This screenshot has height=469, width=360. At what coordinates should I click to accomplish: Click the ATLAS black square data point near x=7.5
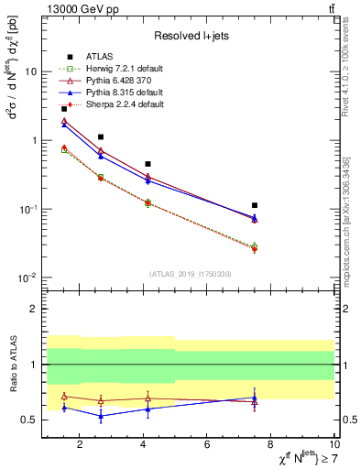tap(255, 205)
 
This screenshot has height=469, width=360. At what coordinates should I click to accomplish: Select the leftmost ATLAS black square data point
tap(63, 108)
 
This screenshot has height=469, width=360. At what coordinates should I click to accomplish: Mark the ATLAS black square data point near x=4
tap(147, 164)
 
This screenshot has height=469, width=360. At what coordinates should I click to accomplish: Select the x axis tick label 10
tap(332, 444)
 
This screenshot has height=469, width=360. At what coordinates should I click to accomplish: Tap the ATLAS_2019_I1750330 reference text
tap(191, 274)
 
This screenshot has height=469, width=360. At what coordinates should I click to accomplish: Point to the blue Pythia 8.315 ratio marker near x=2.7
tap(101, 416)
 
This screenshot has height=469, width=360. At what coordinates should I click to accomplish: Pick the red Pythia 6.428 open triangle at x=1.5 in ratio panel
tap(63, 397)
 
